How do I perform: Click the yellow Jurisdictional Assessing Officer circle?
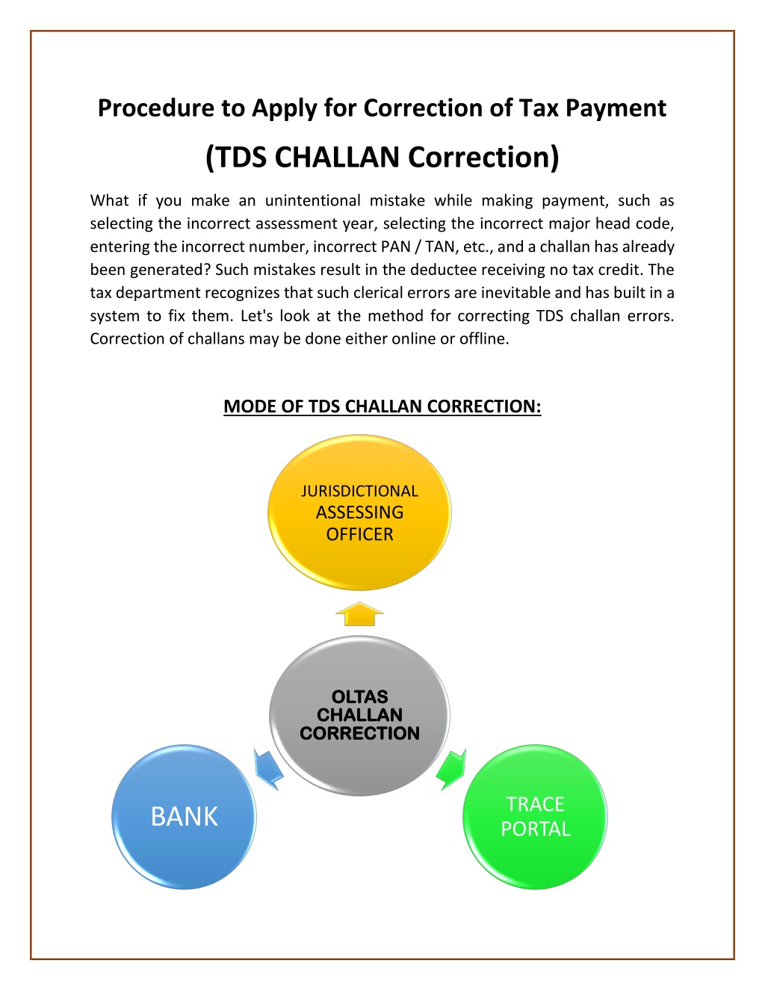pyautogui.click(x=359, y=512)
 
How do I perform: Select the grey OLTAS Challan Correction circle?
pyautogui.click(x=359, y=716)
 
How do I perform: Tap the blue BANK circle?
pyautogui.click(x=184, y=817)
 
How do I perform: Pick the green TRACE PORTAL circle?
pyautogui.click(x=535, y=817)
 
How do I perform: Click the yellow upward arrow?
pyautogui.click(x=359, y=614)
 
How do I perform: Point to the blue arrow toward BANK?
pyautogui.click(x=268, y=769)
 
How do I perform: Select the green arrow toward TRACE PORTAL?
pyautogui.click(x=451, y=769)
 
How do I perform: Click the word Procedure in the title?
pyautogui.click(x=155, y=108)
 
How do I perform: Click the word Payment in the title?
pyautogui.click(x=616, y=108)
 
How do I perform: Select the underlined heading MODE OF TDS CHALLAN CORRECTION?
pyautogui.click(x=382, y=406)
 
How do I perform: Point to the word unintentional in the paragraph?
pyautogui.click(x=313, y=200)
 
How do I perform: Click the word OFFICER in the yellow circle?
pyautogui.click(x=359, y=534)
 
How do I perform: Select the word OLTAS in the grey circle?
pyautogui.click(x=360, y=696)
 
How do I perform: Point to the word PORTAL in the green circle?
pyautogui.click(x=536, y=829)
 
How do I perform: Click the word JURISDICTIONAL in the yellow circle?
pyautogui.click(x=359, y=491)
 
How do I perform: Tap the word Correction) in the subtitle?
pyautogui.click(x=483, y=158)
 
